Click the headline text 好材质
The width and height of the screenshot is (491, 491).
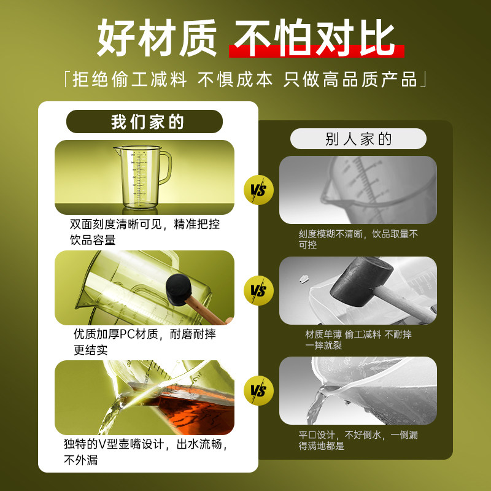(157, 38)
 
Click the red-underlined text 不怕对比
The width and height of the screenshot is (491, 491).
(314, 38)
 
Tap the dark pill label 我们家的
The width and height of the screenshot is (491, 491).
(144, 122)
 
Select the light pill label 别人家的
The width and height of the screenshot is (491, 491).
(358, 139)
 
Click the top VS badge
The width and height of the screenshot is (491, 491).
(258, 190)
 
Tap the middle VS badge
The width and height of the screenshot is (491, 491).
(258, 290)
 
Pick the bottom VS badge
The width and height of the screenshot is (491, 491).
(258, 390)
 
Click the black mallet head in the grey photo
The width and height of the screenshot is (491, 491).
(361, 281)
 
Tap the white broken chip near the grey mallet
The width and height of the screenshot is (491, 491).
(303, 278)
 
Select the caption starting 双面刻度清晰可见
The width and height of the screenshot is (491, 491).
(145, 232)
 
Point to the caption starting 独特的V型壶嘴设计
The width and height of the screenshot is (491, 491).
(145, 452)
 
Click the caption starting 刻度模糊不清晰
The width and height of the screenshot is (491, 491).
(358, 239)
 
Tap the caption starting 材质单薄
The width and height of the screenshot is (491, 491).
(358, 340)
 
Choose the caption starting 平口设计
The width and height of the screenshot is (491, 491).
(358, 440)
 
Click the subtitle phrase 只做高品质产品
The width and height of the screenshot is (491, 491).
(350, 80)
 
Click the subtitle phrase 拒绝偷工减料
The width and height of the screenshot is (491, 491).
(130, 80)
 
